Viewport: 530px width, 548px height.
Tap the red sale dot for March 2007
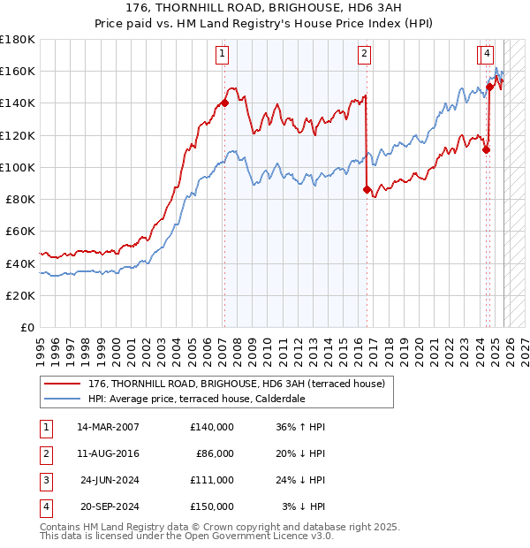pos(224,103)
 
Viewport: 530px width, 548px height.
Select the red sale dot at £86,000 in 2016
pos(367,189)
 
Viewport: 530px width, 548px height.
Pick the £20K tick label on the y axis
pos(21,295)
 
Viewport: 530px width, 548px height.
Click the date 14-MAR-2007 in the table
pos(108,427)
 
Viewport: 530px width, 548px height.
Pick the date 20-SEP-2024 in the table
pos(109,506)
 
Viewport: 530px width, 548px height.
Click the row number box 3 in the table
pos(44,480)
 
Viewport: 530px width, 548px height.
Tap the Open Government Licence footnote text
pos(185,536)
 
